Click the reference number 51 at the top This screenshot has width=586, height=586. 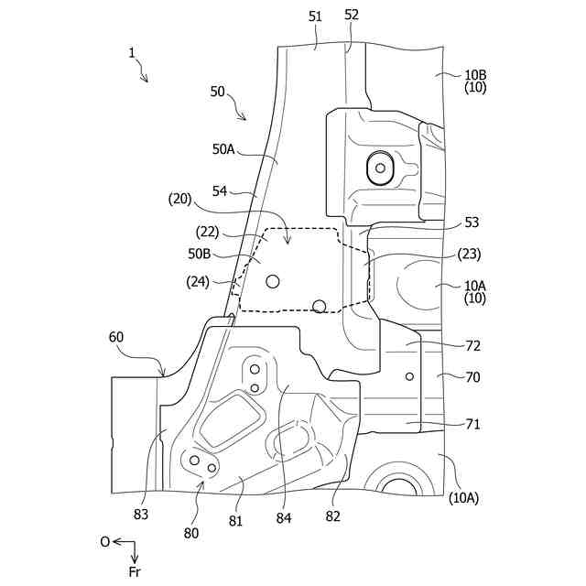[x=316, y=16]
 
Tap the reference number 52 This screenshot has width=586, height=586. [x=353, y=15]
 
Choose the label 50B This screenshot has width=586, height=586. [x=201, y=253]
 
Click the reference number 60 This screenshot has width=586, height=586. [x=116, y=337]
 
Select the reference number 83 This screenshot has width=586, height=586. [x=140, y=514]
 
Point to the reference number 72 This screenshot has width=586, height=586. [x=472, y=346]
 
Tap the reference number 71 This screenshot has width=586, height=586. [x=472, y=424]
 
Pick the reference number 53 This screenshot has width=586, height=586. [x=472, y=222]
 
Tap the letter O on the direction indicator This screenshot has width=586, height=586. [x=105, y=542]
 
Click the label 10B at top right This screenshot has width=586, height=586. [x=475, y=74]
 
